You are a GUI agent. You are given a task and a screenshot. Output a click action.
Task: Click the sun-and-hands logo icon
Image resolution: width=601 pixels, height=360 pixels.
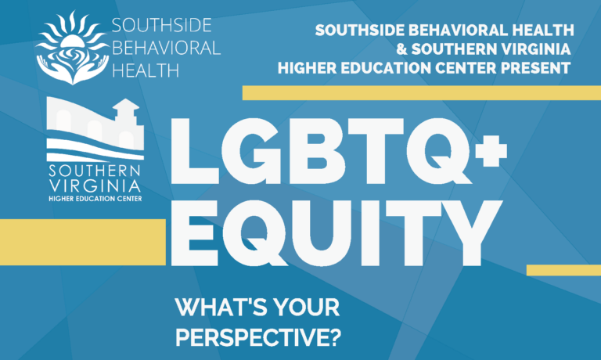[x=72, y=48]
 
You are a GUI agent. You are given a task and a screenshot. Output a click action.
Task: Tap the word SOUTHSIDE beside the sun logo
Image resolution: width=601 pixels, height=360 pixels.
[x=162, y=25]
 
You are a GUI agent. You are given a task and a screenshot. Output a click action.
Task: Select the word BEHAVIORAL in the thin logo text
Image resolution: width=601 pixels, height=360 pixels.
[x=167, y=48]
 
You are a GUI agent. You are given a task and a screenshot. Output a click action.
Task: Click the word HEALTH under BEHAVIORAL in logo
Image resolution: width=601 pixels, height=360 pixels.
[x=146, y=70]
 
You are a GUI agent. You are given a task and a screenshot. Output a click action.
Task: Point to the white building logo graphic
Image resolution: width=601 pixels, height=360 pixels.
[x=95, y=130]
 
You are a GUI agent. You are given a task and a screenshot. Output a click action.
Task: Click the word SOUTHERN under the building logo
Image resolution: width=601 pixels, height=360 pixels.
[x=95, y=171]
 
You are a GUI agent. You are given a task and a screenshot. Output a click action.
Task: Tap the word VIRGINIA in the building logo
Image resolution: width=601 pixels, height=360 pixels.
[x=95, y=186]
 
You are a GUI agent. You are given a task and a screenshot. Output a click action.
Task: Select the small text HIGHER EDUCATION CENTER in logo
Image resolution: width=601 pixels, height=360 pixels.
[x=95, y=199]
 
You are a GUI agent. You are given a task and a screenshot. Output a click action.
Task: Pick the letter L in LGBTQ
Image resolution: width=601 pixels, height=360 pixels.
[x=194, y=151]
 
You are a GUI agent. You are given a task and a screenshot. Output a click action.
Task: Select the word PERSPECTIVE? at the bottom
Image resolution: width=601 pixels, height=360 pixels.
[x=258, y=337]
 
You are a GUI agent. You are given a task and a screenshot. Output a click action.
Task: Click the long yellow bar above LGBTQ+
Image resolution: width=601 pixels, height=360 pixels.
[x=422, y=93]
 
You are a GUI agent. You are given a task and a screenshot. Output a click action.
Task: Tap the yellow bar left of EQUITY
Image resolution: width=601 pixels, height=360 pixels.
[x=83, y=242]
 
